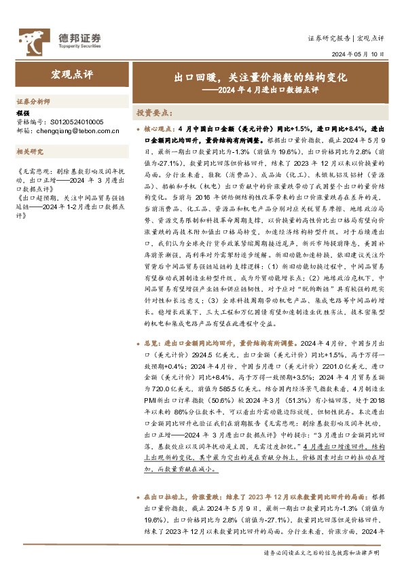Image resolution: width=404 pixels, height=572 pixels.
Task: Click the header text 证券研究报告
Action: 330,38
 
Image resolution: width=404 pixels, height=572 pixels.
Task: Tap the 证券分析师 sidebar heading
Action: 33,101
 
